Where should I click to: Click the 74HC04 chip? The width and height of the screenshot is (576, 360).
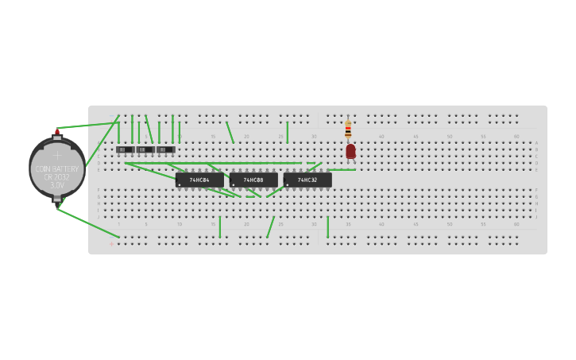click(199, 180)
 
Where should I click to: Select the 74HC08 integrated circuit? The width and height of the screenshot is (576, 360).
click(253, 180)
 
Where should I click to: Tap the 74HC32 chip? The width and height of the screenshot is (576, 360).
click(307, 180)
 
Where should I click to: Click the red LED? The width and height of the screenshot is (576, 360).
click(350, 150)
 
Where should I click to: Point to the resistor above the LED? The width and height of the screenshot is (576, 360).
click(348, 130)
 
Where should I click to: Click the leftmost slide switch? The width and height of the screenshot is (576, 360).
click(125, 149)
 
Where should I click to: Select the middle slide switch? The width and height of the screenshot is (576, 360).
click(145, 149)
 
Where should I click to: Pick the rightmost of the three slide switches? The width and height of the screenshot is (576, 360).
click(165, 149)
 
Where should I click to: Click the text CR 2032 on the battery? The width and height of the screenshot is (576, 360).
click(57, 176)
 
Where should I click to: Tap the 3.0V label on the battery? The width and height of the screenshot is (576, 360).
click(57, 184)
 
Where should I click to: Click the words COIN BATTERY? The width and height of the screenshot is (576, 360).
click(57, 168)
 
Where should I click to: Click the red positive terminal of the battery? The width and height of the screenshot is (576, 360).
click(57, 131)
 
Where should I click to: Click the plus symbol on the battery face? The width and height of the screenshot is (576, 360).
click(57, 155)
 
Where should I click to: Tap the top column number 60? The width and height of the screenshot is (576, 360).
click(516, 137)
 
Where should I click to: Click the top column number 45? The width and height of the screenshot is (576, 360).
click(416, 137)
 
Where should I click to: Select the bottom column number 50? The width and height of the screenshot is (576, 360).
click(449, 224)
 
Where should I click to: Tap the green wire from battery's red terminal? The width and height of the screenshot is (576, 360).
click(87, 125)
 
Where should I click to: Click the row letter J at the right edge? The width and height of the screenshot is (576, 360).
click(536, 217)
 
